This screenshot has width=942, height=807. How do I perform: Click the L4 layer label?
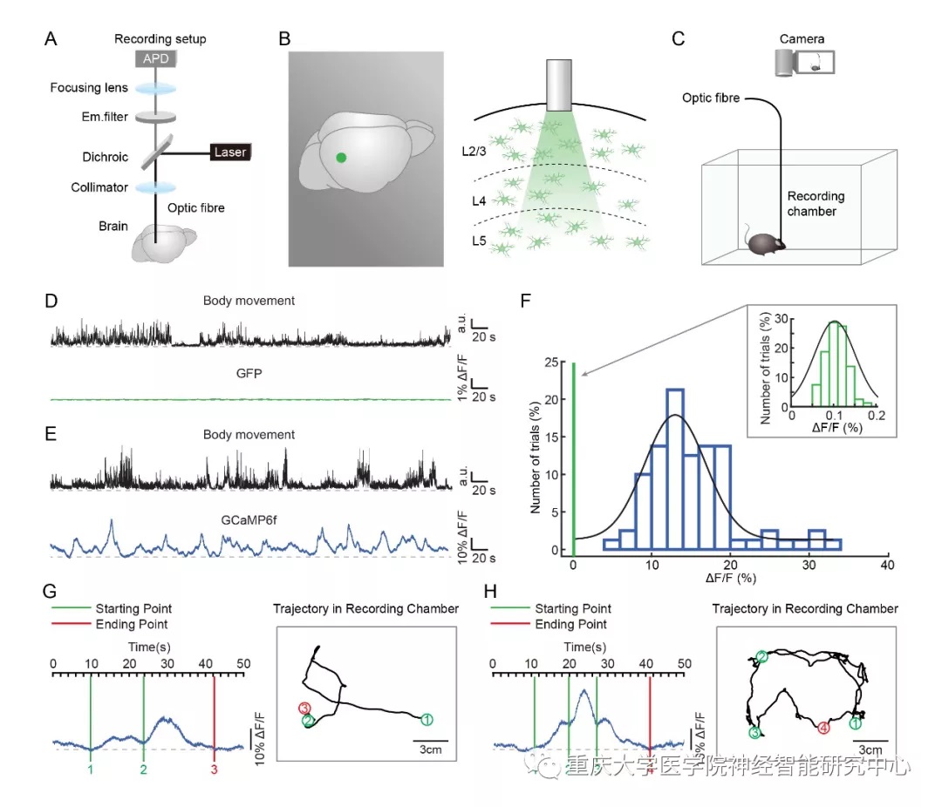pos(476,201)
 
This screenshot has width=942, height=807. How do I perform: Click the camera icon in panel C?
pos(804,63)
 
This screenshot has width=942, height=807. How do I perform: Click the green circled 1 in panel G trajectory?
pos(426,719)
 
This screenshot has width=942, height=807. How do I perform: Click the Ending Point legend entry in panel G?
pos(132,624)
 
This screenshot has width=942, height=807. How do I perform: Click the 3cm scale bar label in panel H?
pos(870,749)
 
